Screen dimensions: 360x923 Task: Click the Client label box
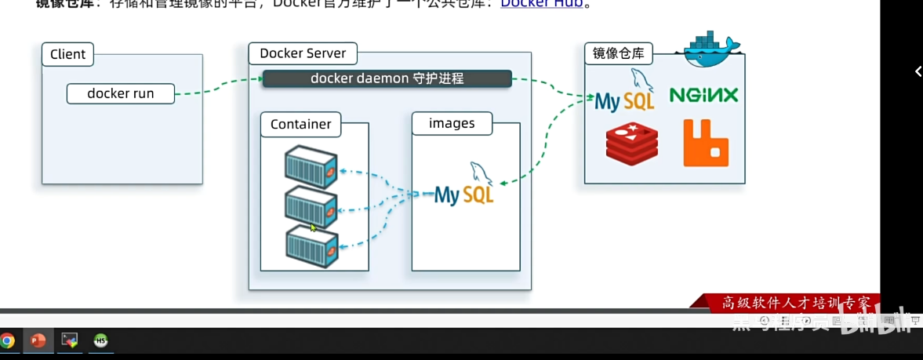tap(67, 54)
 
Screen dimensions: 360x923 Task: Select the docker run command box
tap(120, 93)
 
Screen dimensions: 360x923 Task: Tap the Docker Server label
tap(303, 53)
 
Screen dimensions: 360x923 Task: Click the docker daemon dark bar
tap(387, 78)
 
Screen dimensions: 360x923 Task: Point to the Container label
tap(300, 124)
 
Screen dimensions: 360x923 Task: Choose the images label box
tap(452, 123)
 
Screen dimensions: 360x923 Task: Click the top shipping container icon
tap(311, 165)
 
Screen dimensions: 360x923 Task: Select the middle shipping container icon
tap(311, 205)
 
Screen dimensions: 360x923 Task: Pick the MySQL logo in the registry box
tap(625, 93)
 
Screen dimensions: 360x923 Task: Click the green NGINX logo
tap(703, 95)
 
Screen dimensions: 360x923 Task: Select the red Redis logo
tap(631, 144)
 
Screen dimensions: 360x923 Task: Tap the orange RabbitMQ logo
tap(706, 143)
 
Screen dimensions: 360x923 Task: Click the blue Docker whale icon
tap(710, 49)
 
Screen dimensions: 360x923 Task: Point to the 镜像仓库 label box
tap(619, 53)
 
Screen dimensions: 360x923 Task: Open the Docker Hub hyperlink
tap(542, 3)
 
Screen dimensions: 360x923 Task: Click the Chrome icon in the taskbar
tap(7, 340)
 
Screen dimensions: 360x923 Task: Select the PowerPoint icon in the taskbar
tap(38, 340)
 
